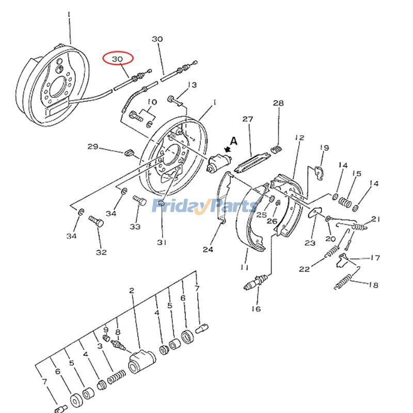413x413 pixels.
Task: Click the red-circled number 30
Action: [x=118, y=59]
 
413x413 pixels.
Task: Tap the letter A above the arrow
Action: [x=234, y=140]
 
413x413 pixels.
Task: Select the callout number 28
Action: [x=278, y=103]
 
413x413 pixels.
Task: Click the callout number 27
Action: [x=248, y=119]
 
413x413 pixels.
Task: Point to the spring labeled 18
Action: [x=344, y=281]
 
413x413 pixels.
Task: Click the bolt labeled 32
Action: [x=97, y=224]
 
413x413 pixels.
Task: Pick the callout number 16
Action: [x=257, y=309]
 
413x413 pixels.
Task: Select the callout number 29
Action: [x=93, y=147]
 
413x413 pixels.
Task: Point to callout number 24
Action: [x=208, y=249]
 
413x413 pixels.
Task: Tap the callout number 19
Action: [x=324, y=148]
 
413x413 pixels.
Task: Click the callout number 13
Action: [x=192, y=85]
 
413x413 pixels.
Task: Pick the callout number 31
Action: [x=162, y=243]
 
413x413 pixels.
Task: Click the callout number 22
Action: [x=305, y=269]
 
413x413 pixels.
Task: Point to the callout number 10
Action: [x=152, y=102]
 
